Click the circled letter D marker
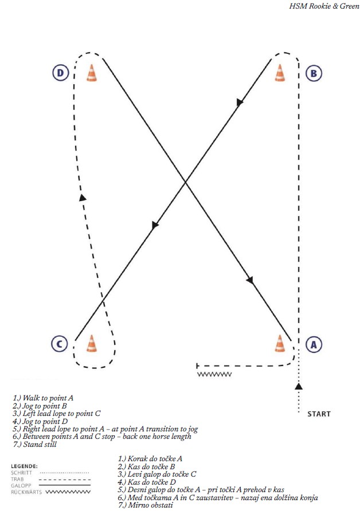click(x=60, y=73)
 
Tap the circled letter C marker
click(x=60, y=344)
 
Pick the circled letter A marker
click(x=312, y=344)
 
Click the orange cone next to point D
click(x=91, y=73)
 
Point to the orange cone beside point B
click(x=280, y=73)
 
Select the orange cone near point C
click(x=91, y=343)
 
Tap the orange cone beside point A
click(x=280, y=343)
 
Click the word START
click(x=319, y=414)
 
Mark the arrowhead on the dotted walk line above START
click(x=298, y=386)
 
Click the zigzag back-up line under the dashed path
click(x=214, y=374)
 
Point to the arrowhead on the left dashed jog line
click(x=83, y=198)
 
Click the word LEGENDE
click(x=25, y=466)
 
